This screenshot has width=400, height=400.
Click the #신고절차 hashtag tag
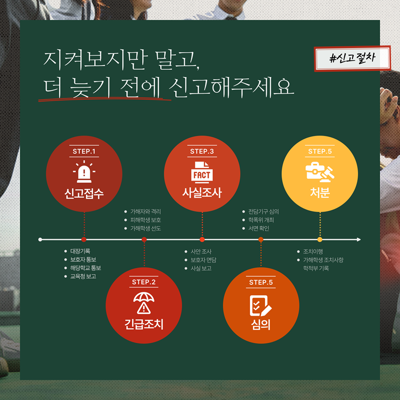(352, 58)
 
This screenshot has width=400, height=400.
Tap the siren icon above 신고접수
(84, 172)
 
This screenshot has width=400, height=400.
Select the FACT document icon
(202, 172)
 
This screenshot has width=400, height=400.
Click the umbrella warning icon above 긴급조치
(144, 303)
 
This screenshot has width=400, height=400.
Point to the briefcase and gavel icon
(320, 172)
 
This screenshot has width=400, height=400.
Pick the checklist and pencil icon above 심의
(261, 306)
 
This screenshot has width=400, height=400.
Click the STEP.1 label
(84, 151)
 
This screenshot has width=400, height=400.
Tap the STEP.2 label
(144, 282)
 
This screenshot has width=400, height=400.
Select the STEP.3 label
(202, 151)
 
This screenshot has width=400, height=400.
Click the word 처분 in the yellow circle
(320, 193)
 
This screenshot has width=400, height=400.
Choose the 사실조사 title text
(202, 193)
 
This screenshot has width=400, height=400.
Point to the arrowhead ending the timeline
(359, 240)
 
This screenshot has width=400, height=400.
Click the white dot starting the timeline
(40, 240)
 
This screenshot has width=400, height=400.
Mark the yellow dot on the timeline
(320, 240)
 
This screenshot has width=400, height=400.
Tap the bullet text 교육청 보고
(83, 276)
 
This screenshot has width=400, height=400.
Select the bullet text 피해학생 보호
(146, 220)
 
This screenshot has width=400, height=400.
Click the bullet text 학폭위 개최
(261, 220)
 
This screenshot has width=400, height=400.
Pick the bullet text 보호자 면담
(204, 260)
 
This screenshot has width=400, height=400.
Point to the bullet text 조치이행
(313, 252)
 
